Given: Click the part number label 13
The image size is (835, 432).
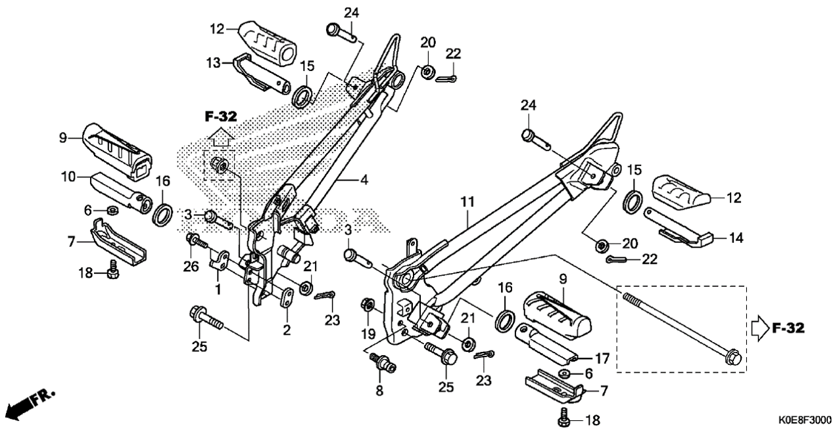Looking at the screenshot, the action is coord(214,63).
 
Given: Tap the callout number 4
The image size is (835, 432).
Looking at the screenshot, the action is coord(364,180).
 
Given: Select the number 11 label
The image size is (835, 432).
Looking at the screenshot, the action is coord(467,202).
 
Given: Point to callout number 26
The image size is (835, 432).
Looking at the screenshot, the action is coord(191,267).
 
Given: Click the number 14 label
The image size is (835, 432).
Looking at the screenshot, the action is coord(736,238).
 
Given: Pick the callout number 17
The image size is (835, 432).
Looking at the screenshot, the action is coord(602,358).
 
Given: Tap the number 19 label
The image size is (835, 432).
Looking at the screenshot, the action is coord(368,334).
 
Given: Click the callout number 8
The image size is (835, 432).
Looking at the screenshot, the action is coord(379,391).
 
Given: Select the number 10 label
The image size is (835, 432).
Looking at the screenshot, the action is coord(68,177).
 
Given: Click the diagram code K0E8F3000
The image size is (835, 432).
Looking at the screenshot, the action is coord(805,420).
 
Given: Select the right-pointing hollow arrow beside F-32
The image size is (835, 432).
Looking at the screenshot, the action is coord(759,328).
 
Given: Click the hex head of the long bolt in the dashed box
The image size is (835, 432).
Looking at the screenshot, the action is coord(732,357).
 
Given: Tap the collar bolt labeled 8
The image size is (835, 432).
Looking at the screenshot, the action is coord(383,362).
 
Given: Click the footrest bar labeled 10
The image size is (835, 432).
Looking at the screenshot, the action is coord(121,191).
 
